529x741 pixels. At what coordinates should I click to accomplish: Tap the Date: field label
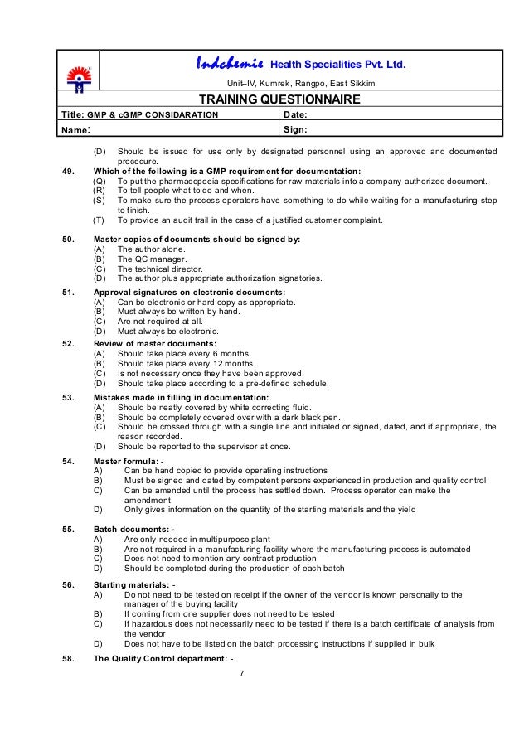[297, 114]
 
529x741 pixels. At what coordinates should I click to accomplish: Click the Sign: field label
[296, 130]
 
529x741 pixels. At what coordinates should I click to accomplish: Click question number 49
[69, 171]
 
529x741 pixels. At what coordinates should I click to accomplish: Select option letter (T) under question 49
[99, 220]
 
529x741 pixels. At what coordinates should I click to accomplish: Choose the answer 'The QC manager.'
[153, 259]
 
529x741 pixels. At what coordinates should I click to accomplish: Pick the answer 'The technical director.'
[163, 269]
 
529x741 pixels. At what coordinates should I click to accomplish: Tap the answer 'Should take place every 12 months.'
[187, 363]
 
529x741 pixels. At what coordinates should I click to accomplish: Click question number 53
[69, 397]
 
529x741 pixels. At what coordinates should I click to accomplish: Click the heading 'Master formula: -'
[129, 460]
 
